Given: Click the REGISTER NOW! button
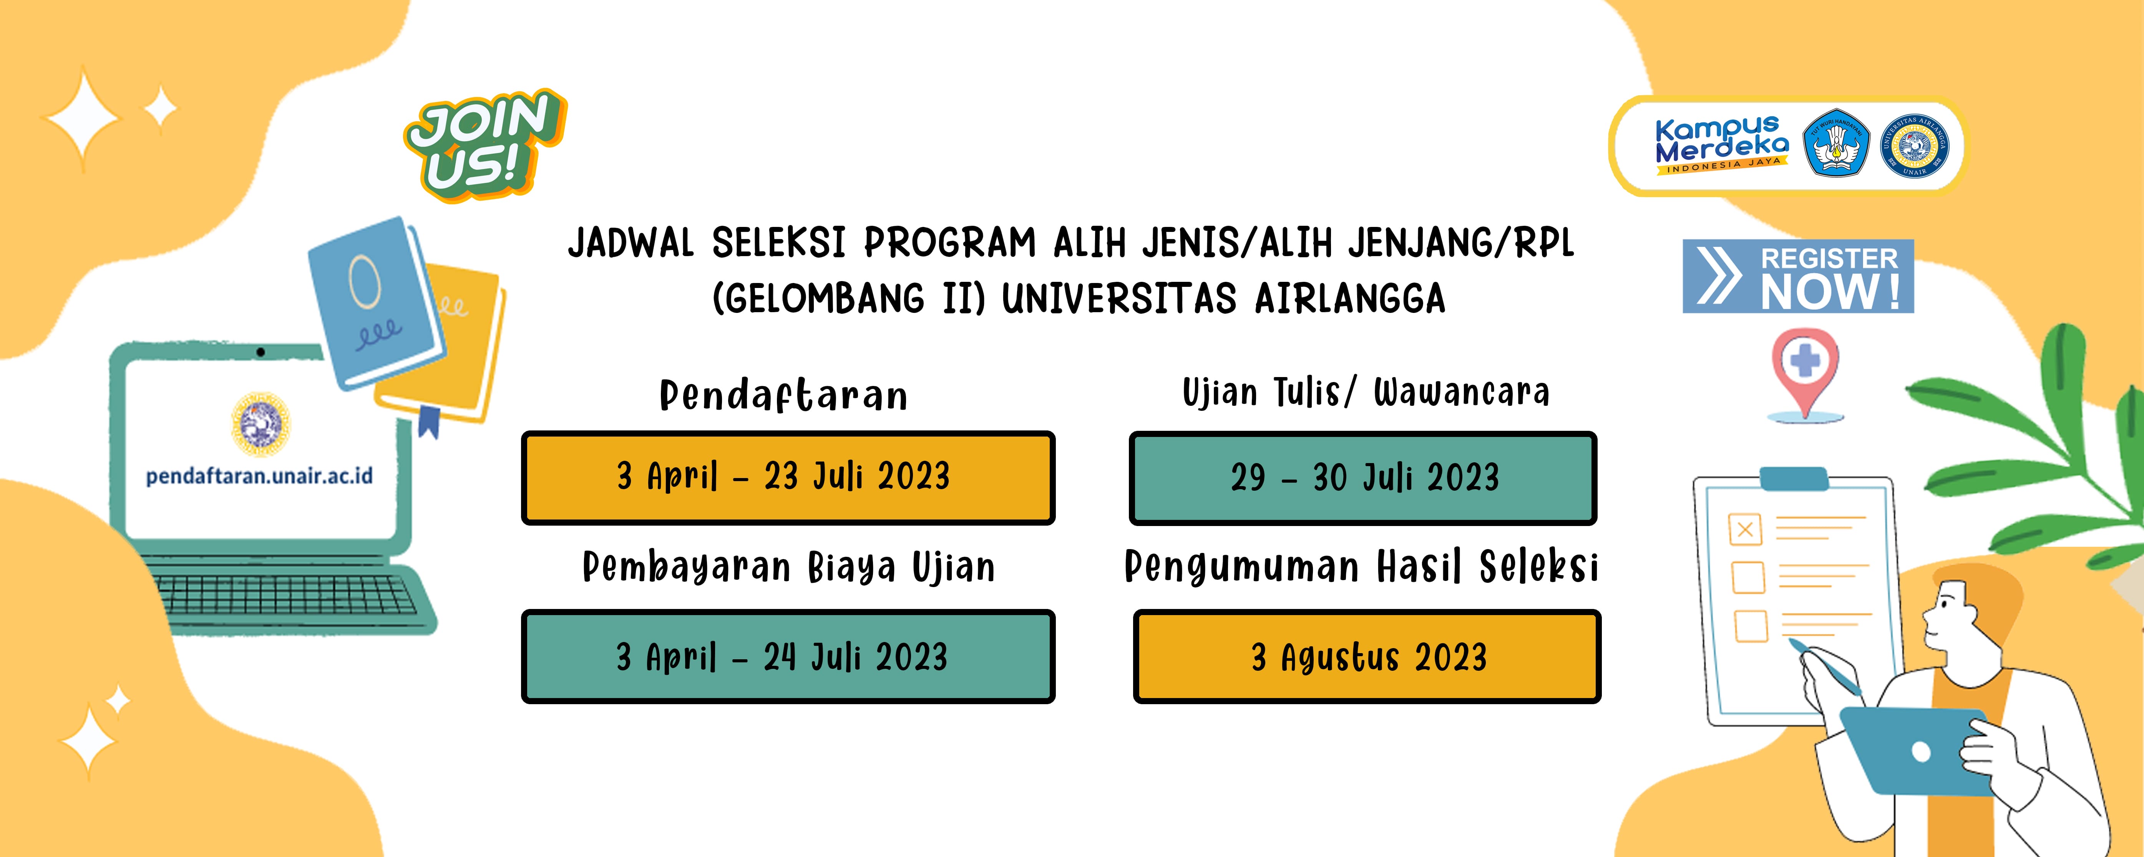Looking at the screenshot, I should pyautogui.click(x=1798, y=276).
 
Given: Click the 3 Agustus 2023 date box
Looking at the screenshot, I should pyautogui.click(x=1367, y=657).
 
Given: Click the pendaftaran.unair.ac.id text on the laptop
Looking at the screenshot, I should pyautogui.click(x=259, y=476).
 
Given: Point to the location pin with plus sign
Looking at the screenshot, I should pyautogui.click(x=1804, y=370).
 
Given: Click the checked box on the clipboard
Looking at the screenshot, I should pyautogui.click(x=1745, y=529).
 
